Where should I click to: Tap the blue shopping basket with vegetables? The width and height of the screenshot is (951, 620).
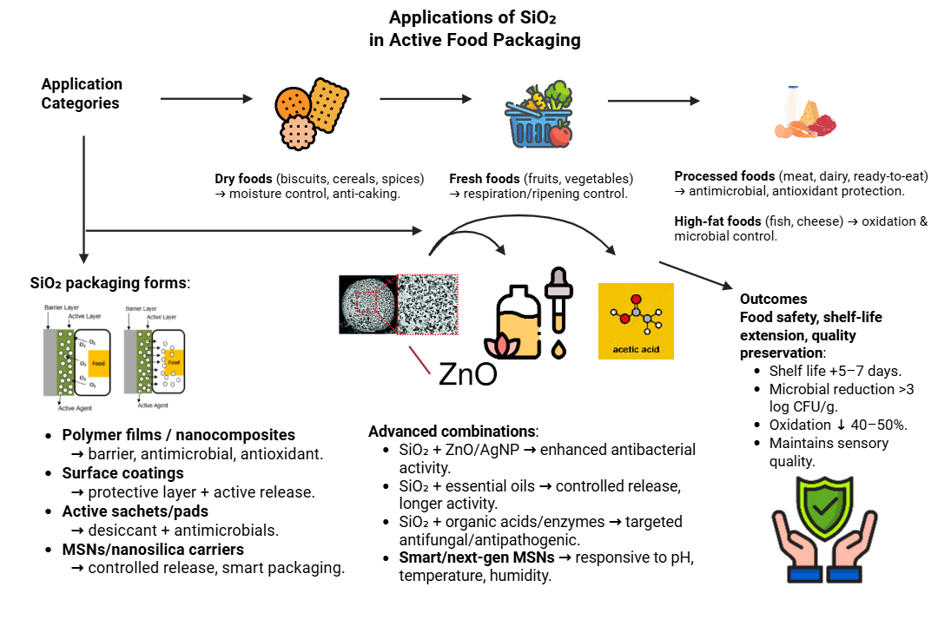(x=538, y=114)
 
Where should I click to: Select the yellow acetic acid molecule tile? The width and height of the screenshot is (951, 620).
(x=636, y=320)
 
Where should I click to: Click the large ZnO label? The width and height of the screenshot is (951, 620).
(x=468, y=373)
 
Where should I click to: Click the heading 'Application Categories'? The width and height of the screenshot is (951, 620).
(x=82, y=94)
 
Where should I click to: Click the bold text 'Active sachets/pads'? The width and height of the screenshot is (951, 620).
(x=135, y=511)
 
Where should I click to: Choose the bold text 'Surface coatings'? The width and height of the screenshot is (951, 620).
(x=122, y=473)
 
